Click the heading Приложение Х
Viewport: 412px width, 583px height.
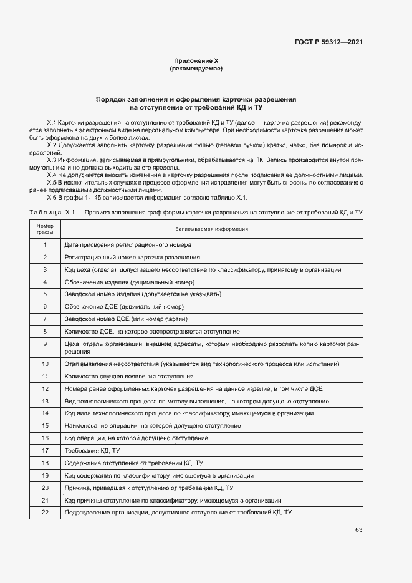[x=196, y=61]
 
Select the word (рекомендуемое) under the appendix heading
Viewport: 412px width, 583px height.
[x=196, y=69]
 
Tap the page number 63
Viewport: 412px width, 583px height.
[x=358, y=529]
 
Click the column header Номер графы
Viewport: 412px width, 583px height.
[x=45, y=229]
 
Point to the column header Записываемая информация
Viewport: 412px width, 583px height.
[x=211, y=229]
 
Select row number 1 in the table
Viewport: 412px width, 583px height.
[x=45, y=245]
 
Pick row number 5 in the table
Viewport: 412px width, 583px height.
[x=45, y=294]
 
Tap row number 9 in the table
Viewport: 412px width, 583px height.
[x=45, y=344]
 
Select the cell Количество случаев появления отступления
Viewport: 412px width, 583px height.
[x=128, y=376]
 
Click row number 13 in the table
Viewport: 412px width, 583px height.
[x=45, y=401]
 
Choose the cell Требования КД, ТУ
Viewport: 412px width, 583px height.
[x=92, y=450]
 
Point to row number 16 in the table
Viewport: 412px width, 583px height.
[x=45, y=438]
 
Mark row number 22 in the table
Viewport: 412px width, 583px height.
[x=45, y=512]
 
